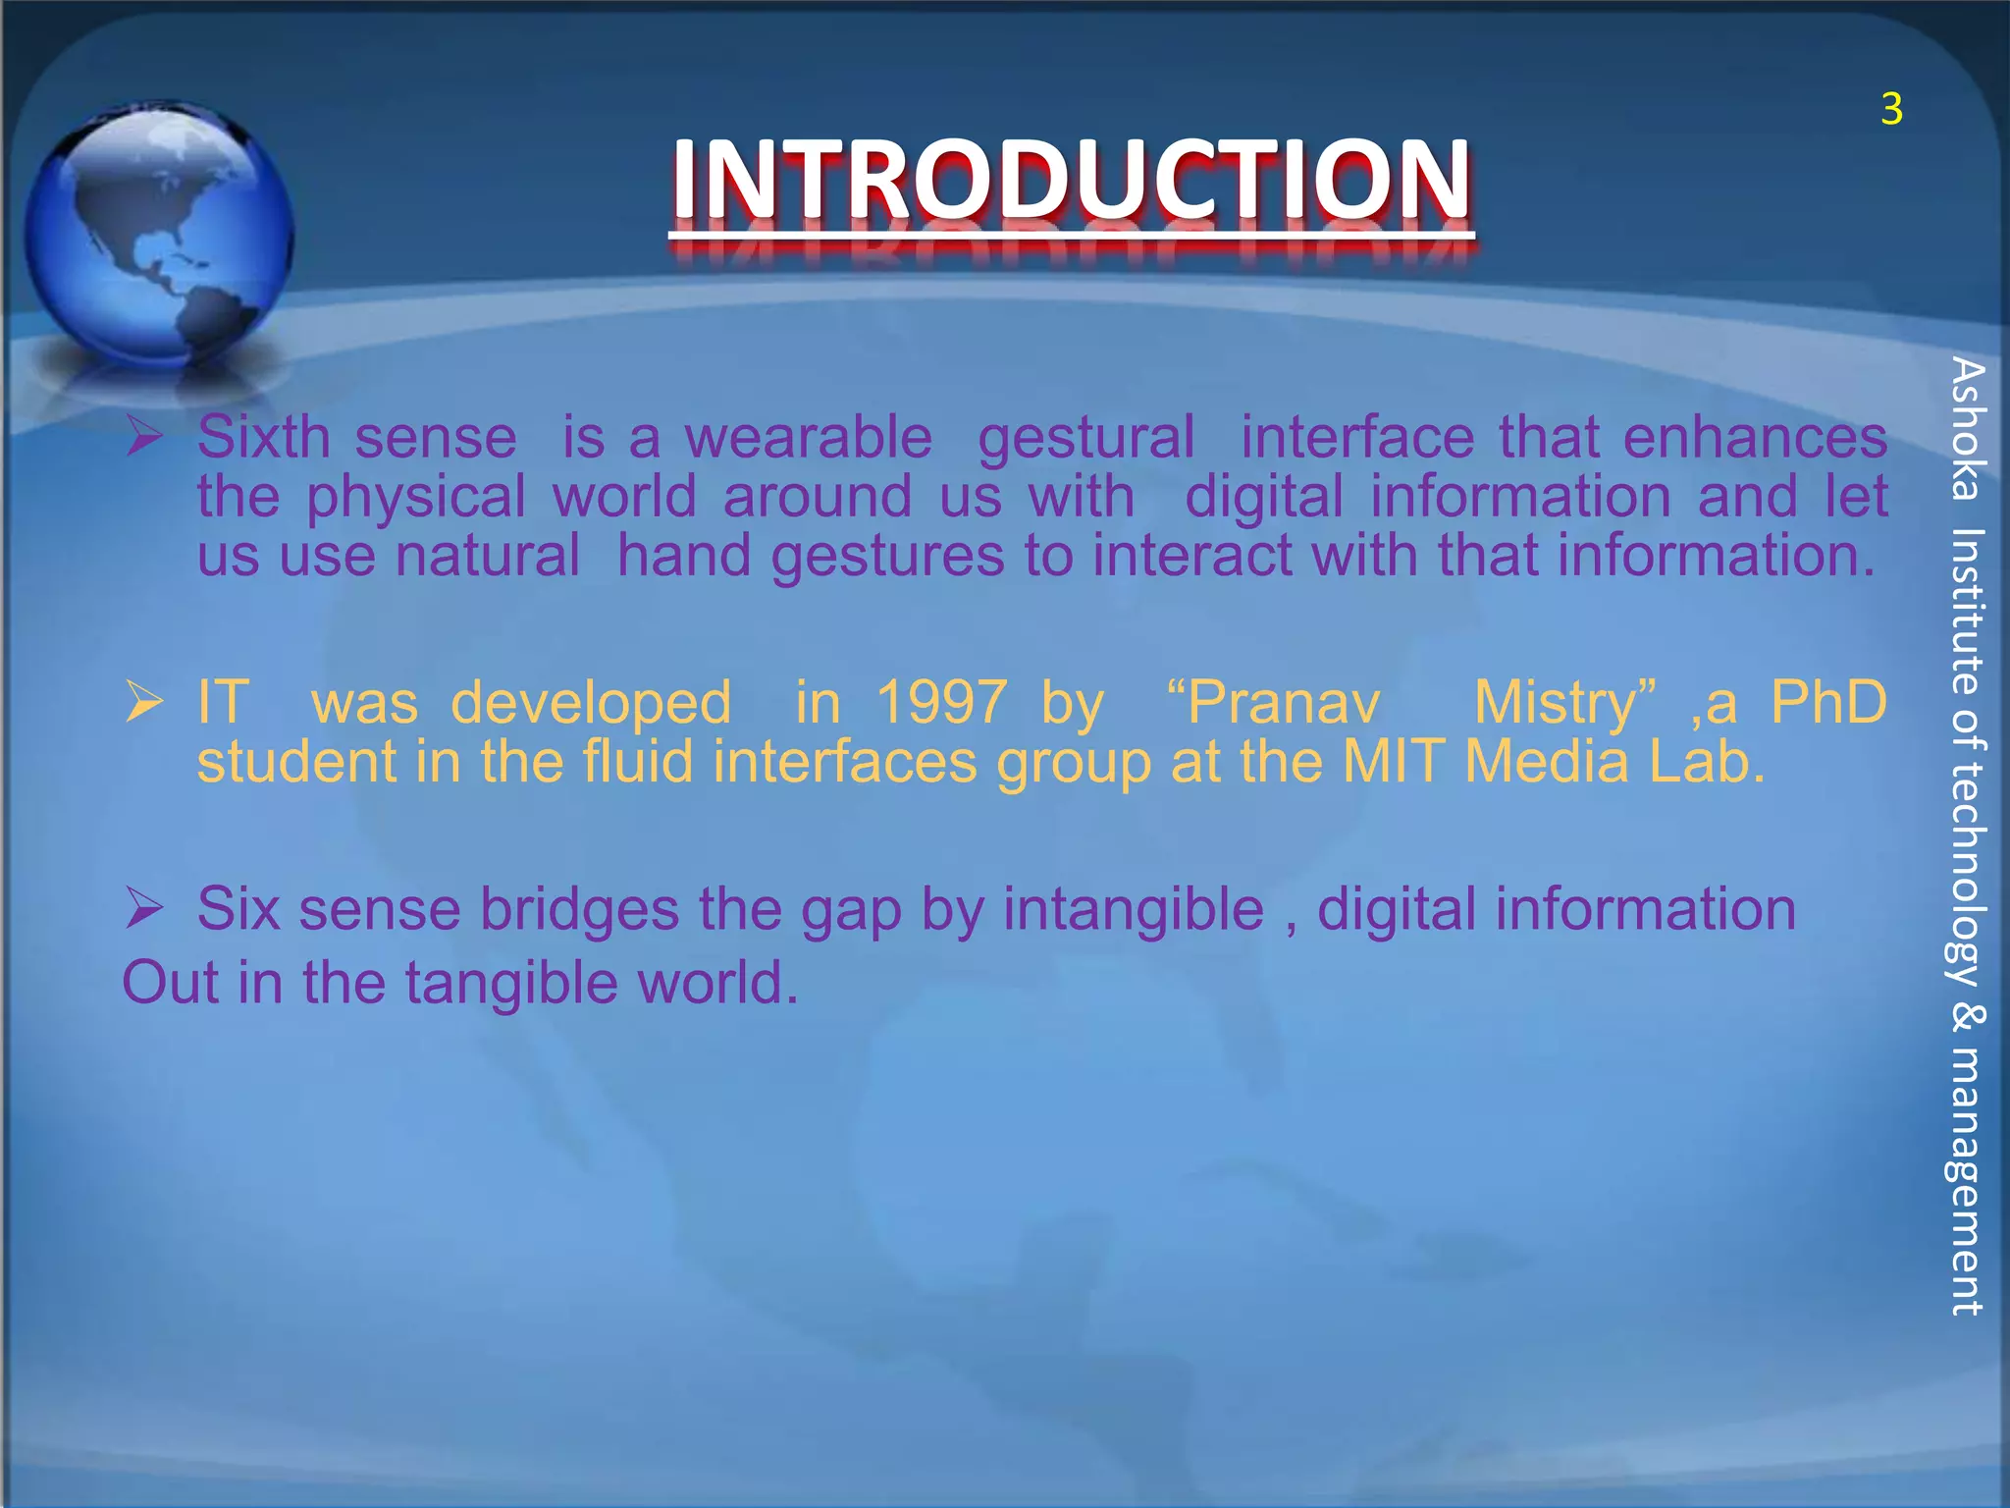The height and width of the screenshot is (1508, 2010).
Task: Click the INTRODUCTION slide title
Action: (x=1071, y=180)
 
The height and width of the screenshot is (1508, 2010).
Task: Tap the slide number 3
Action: (x=1891, y=110)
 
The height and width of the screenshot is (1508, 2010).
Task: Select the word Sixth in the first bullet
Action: (x=263, y=437)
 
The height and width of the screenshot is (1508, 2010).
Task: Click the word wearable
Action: (x=808, y=437)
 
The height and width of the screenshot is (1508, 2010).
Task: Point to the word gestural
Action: (x=1086, y=439)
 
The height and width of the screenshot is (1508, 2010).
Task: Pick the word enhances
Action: (x=1755, y=437)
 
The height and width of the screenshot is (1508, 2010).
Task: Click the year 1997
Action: (x=941, y=702)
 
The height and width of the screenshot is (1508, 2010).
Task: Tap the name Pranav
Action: (x=1275, y=702)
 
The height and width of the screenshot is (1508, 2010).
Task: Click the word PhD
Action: (x=1828, y=702)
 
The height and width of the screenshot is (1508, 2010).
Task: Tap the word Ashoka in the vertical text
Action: (x=1967, y=429)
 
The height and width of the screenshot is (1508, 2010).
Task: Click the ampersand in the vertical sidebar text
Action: (x=1967, y=1017)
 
